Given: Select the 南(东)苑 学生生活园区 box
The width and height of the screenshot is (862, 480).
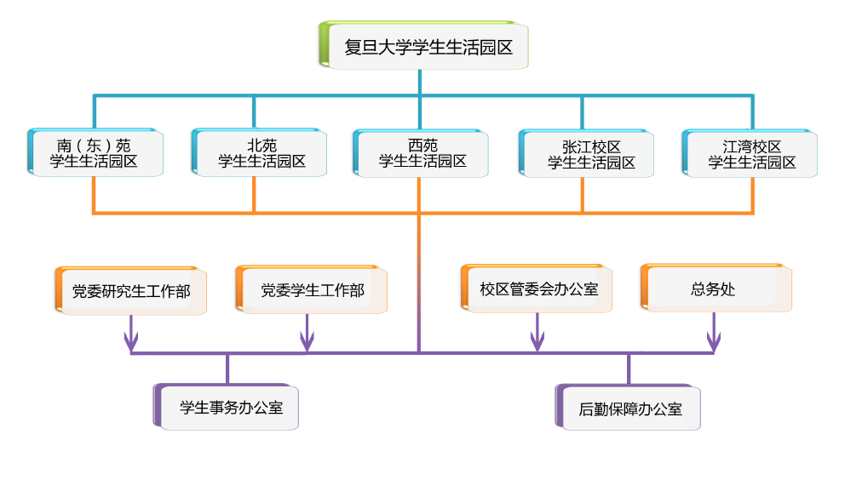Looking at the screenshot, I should coord(95,153).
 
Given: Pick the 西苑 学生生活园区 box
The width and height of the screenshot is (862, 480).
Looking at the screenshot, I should coord(421,153).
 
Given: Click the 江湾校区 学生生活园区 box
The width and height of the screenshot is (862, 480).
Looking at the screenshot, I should coord(750,153).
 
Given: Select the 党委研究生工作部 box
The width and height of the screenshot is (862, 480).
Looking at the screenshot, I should coord(131,291).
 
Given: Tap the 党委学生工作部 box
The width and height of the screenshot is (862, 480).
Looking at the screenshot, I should coord(312,291).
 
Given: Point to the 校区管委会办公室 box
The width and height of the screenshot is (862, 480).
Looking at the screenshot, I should coord(537,289).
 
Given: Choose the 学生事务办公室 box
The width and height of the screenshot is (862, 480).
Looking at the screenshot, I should coord(228,407).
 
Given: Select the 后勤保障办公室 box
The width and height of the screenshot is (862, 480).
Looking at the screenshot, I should coord(629,408).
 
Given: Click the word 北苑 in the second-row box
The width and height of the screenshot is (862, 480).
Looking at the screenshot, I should coord(261,146).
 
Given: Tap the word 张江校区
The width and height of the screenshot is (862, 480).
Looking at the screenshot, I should coord(590,147).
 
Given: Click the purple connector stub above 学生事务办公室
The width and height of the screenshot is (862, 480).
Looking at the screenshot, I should coord(227,369).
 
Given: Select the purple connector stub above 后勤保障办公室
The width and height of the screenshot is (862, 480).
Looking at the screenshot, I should coord(629,369).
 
